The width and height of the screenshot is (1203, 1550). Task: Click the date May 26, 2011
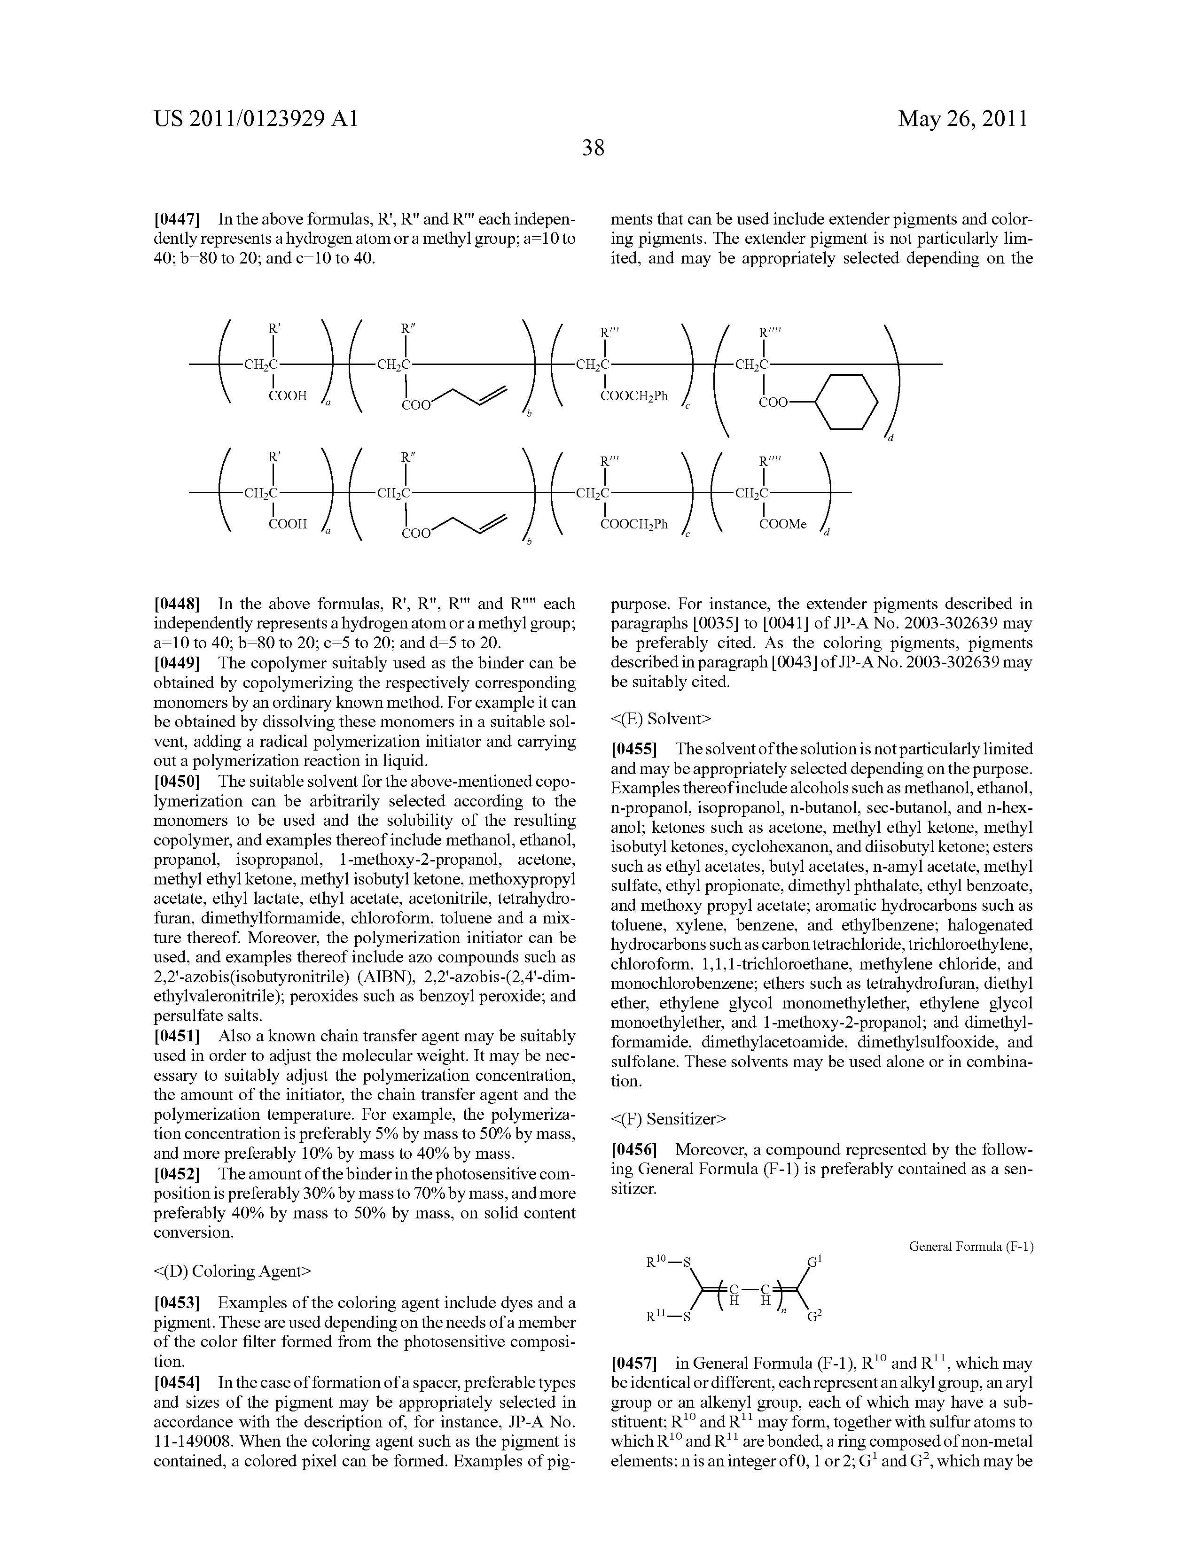962,118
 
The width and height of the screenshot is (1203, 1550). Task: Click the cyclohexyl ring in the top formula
846,402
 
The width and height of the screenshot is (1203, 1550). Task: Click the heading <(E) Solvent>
660,719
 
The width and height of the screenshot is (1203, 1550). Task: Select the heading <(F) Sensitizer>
668,1119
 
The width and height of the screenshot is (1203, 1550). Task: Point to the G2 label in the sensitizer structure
814,1317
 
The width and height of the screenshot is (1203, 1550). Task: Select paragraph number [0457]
634,1364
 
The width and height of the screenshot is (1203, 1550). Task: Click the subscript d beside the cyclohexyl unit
890,439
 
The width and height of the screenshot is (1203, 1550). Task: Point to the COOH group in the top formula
288,397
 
